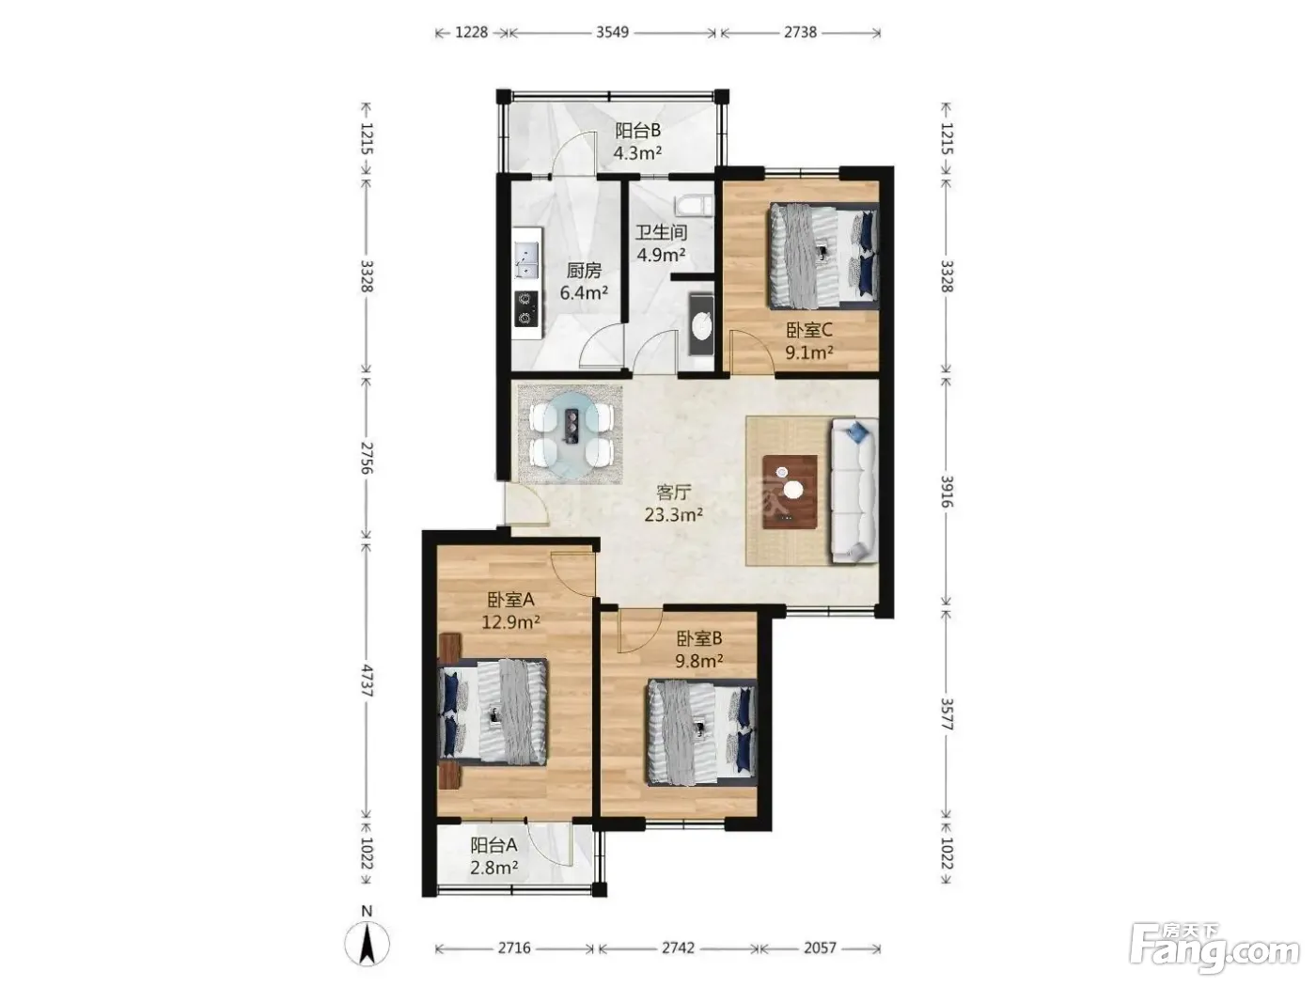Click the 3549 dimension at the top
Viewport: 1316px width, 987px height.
coord(612,32)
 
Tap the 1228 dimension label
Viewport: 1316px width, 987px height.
coord(471,32)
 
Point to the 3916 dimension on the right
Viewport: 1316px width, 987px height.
coord(946,492)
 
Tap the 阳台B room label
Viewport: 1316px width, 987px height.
coord(637,131)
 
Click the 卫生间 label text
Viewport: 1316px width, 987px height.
coord(661,232)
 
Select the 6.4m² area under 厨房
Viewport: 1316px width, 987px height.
coord(584,293)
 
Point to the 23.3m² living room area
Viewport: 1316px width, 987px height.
coord(673,514)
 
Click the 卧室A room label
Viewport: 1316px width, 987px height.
coord(510,599)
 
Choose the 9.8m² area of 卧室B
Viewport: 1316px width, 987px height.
coord(699,661)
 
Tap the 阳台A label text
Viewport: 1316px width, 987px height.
coord(493,845)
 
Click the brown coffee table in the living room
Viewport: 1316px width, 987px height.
coord(791,492)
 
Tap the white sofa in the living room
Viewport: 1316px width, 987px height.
coord(854,492)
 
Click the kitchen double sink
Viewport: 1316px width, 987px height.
coord(107,259)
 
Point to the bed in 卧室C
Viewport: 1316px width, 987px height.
coord(823,256)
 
